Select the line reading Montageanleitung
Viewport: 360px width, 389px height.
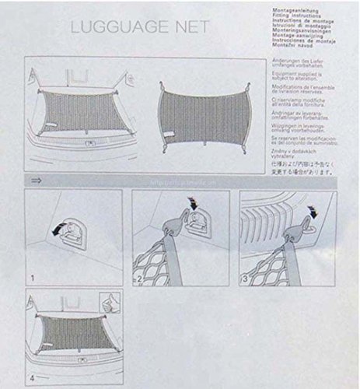[x=293, y=4]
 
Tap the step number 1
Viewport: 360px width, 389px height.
[x=32, y=277]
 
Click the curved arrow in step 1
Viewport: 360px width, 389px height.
[x=55, y=231]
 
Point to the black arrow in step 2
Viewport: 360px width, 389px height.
[x=191, y=205]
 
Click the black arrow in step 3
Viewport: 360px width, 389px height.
[x=313, y=209]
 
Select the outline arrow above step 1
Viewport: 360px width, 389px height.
[x=36, y=181]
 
